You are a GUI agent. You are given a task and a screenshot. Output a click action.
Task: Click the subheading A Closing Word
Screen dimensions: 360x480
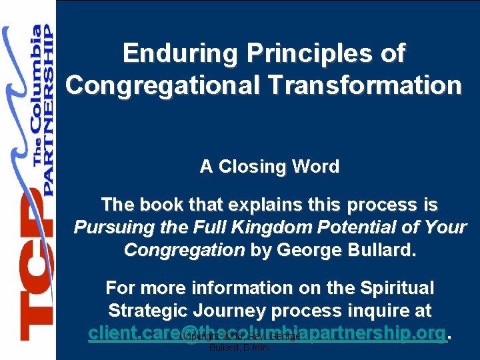point(269,167)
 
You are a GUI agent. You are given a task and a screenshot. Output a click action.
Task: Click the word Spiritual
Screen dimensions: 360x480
point(396,288)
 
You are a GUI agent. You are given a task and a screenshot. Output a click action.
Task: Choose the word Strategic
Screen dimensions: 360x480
point(148,311)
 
